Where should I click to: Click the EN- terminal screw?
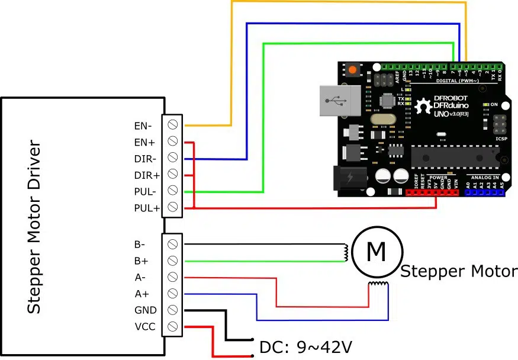tap(173, 125)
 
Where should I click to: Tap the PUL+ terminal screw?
tap(173, 208)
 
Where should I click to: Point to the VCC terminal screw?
tap(173, 326)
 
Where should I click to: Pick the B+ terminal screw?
tap(173, 261)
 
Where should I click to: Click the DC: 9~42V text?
tap(306, 346)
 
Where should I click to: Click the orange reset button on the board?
tap(353, 70)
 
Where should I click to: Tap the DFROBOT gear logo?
tap(423, 107)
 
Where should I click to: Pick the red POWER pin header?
tap(432, 192)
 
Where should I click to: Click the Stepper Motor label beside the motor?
tap(458, 272)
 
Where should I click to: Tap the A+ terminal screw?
tap(173, 293)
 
